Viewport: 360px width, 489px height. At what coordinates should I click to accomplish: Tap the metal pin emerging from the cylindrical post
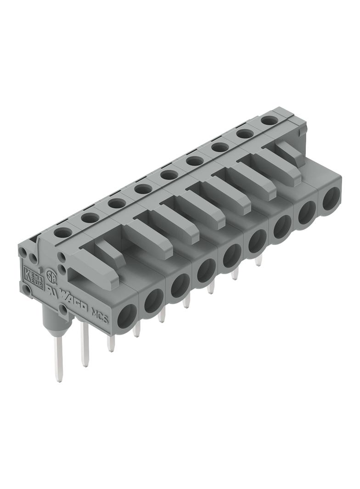click(x=57, y=362)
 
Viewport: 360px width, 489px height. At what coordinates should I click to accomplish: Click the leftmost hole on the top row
click(x=63, y=232)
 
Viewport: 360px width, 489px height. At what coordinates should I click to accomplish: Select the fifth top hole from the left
click(x=169, y=175)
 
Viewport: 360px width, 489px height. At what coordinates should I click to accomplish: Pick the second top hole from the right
click(x=245, y=134)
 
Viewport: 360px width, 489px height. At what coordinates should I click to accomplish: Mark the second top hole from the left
click(x=90, y=217)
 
